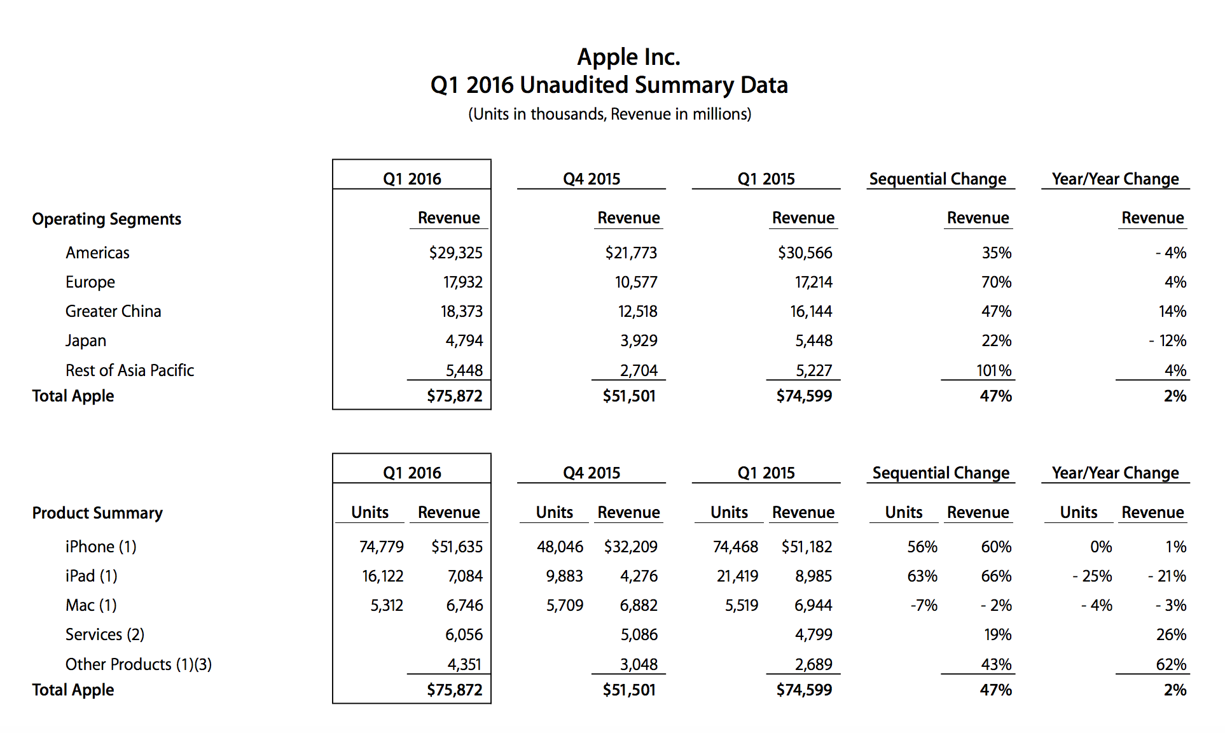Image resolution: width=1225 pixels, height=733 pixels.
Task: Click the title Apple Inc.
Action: (628, 57)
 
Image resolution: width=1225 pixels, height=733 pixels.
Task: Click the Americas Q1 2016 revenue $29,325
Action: (455, 253)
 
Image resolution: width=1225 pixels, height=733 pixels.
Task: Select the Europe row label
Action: (90, 282)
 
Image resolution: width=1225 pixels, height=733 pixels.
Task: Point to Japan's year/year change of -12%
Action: (1168, 340)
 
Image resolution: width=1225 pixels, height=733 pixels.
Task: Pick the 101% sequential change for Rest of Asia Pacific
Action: (994, 370)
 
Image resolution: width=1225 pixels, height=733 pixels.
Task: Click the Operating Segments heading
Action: (107, 219)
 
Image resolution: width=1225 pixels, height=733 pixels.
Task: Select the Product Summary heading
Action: (97, 513)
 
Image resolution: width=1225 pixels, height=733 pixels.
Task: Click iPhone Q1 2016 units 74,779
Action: (382, 547)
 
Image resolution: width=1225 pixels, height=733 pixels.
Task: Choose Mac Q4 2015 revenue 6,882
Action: (639, 605)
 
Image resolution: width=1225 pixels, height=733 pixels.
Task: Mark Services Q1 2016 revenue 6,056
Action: (464, 634)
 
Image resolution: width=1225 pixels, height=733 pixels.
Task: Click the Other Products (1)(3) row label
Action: (139, 664)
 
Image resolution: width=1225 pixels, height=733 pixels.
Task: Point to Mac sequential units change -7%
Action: (924, 605)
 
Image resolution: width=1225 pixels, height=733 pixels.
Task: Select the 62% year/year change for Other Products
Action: (1172, 664)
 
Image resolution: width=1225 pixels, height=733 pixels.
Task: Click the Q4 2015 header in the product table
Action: (592, 473)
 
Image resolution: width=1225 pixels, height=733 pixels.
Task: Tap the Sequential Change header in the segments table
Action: (938, 179)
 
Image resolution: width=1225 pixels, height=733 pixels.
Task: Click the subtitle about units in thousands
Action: (610, 114)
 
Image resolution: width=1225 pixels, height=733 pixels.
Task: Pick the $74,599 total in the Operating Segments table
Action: (804, 396)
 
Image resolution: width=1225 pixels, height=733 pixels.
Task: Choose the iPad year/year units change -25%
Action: (1092, 576)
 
